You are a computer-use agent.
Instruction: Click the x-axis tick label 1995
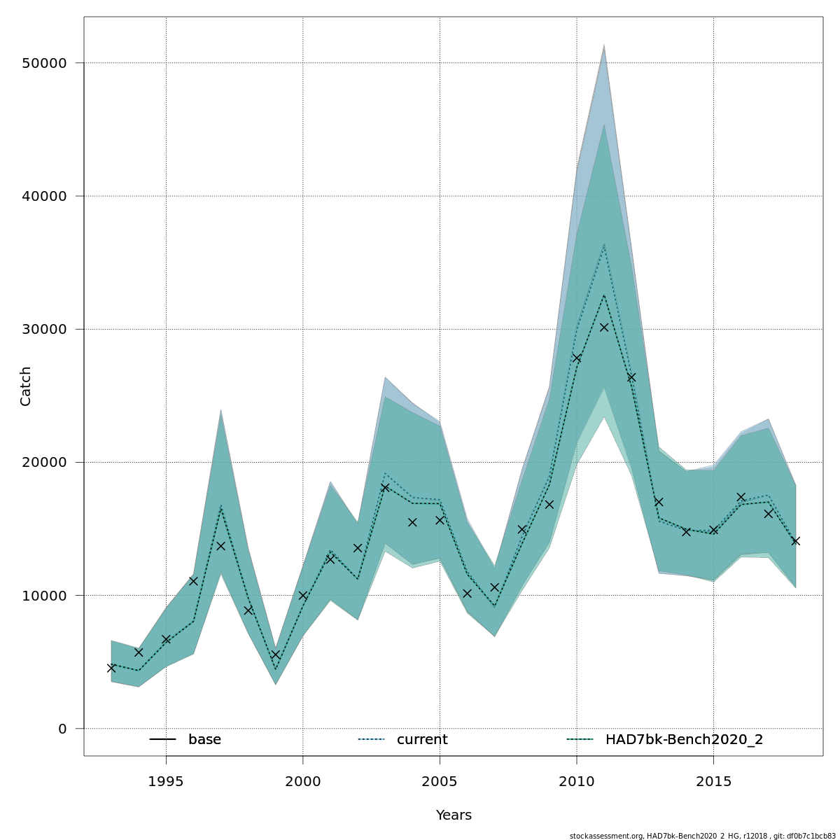coord(166,780)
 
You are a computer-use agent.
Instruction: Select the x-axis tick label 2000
coord(303,780)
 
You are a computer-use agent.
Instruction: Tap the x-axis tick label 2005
coord(440,780)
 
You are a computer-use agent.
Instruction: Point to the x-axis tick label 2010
coord(577,780)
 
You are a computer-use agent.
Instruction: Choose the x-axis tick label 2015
coord(713,780)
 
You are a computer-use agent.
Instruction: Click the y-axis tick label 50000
coord(43,64)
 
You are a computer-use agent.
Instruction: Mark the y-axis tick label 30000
coord(43,330)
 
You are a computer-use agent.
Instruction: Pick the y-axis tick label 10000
coord(43,596)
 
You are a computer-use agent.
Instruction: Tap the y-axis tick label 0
coord(62,729)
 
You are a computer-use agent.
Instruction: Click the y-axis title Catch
coord(26,386)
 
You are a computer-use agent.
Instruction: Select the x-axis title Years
coord(454,815)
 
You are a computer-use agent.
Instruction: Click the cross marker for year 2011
coord(604,327)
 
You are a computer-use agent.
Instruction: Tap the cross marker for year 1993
coord(111,668)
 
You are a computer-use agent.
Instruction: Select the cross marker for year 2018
coord(795,540)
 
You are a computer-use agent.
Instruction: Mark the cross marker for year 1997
coord(220,546)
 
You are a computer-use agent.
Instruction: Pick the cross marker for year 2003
coord(385,487)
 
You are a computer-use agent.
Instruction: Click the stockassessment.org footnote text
coord(702,836)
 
